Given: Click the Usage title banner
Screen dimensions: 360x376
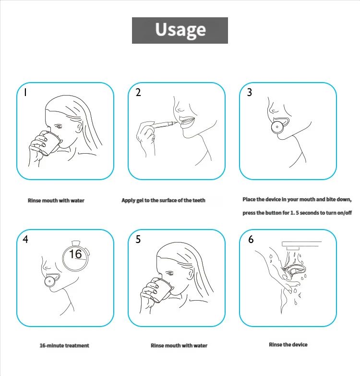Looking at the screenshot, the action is (x=180, y=30).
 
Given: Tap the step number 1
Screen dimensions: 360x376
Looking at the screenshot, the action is (x=25, y=92).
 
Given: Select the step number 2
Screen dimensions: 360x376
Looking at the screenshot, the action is (x=138, y=92).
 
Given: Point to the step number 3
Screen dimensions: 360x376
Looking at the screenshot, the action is (x=250, y=92).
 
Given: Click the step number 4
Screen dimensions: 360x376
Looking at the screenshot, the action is (x=25, y=239).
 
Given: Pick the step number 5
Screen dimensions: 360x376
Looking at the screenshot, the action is (x=138, y=239).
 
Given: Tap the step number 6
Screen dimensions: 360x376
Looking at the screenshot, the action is (x=251, y=239).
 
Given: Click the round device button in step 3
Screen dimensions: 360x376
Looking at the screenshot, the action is (x=277, y=127).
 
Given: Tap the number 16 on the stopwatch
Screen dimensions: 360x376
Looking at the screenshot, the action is (x=75, y=254).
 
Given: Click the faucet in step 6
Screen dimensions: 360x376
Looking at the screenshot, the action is (x=301, y=245).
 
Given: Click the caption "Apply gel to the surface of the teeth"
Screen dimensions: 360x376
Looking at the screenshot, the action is (x=163, y=200).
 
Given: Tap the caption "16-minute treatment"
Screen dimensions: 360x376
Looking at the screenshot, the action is (x=64, y=346).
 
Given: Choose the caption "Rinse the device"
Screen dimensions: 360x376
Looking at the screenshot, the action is (x=288, y=345).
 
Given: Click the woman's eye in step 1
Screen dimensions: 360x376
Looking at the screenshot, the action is (x=59, y=126).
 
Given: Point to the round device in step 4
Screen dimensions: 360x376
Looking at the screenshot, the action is (x=49, y=281).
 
